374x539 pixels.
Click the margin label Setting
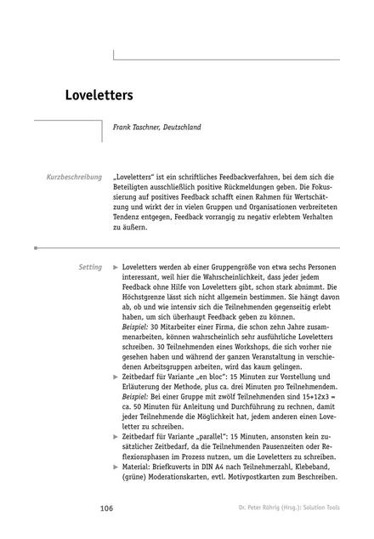pyautogui.click(x=89, y=267)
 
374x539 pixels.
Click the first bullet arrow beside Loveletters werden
pyautogui.click(x=116, y=267)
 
